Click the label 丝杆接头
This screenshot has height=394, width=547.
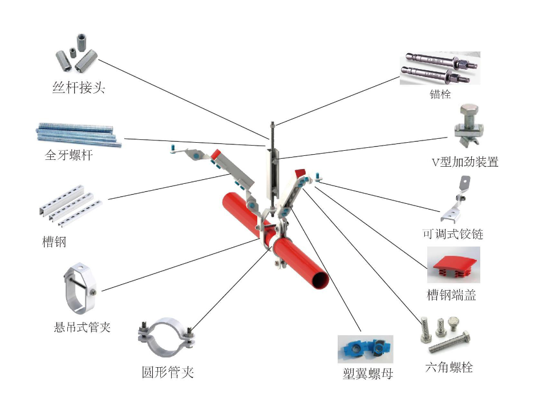[x=79, y=88]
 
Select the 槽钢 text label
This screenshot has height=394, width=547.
[x=55, y=242]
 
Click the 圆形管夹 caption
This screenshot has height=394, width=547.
[x=168, y=372]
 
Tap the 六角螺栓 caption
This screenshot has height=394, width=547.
[x=449, y=367]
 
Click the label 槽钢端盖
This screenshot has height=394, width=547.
[x=452, y=295]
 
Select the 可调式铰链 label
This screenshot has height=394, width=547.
[x=453, y=235]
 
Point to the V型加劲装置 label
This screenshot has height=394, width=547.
[x=465, y=162]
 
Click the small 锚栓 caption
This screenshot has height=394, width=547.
[x=440, y=95]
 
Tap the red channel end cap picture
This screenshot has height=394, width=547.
[x=453, y=266]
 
